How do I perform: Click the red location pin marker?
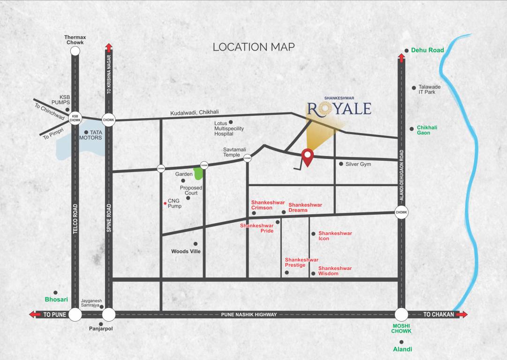[x=307, y=157]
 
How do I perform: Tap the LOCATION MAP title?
[x=254, y=47]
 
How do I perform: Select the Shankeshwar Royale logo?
[x=340, y=107]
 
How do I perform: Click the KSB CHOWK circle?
[x=75, y=118]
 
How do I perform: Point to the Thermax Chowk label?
[x=75, y=40]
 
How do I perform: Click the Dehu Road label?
[x=427, y=50]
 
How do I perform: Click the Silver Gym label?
[x=358, y=164]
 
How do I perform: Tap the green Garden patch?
[x=198, y=173]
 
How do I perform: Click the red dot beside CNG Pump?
[x=165, y=203]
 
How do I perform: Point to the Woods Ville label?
[x=186, y=251]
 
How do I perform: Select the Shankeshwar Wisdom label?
[x=335, y=271]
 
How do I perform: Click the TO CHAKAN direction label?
[x=439, y=315]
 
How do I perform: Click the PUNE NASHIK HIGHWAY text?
[x=249, y=315]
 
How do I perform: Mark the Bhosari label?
[x=56, y=299]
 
